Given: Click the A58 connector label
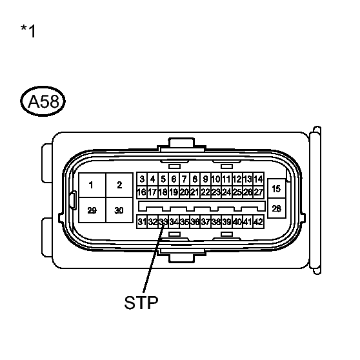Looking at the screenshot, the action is coord(43,101).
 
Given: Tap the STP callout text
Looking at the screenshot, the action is coord(141,303).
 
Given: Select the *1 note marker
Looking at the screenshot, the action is coord(28,31).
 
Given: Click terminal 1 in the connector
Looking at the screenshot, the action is coord(92,185).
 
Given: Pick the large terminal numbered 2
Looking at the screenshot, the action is coord(119,185).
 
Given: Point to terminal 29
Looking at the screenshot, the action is coord(92,210).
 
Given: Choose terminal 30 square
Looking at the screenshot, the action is coord(119,210).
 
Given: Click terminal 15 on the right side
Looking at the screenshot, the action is coord(276,189).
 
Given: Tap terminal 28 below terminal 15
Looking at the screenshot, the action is coord(276,208).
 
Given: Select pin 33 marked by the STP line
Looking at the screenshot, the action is coord(163,222).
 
